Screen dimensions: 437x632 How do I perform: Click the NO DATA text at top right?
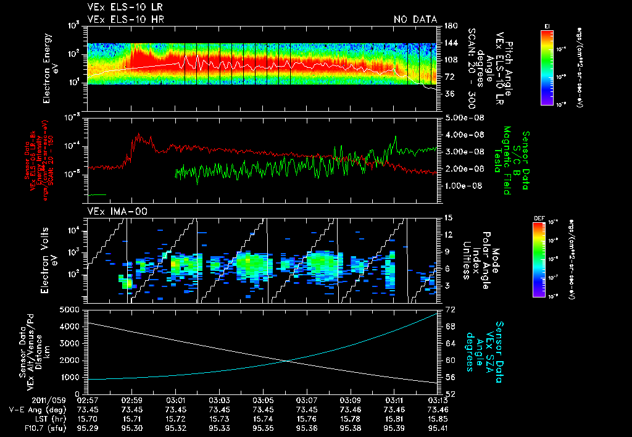[415, 19]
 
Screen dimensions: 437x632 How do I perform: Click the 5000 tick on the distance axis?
[69, 309]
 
